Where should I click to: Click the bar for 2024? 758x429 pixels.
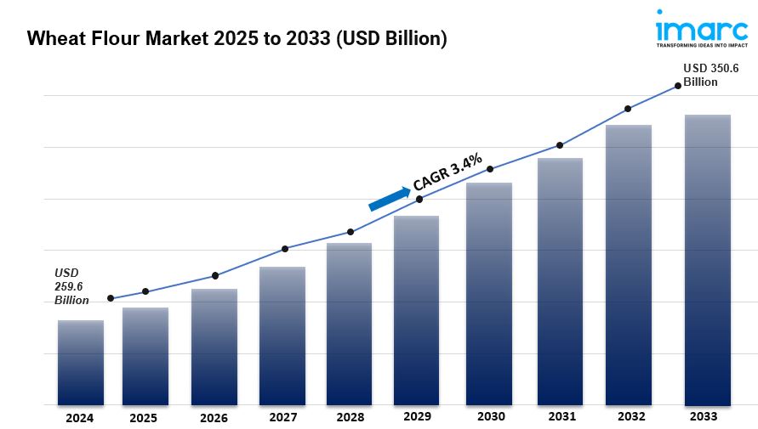81,363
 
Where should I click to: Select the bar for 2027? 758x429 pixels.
282,336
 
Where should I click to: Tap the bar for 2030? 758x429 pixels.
488,294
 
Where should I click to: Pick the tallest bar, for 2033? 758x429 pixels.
708,260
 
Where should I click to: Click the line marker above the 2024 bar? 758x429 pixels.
111,298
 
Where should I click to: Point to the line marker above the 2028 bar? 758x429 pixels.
351,232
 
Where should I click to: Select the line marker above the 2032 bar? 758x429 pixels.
628,109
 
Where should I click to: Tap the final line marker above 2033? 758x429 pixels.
678,85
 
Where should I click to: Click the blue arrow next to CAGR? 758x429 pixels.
389,198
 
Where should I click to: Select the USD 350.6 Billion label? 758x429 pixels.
711,75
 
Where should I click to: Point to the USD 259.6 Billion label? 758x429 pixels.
72,286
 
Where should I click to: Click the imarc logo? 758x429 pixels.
702,30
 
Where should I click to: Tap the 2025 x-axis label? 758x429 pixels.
144,418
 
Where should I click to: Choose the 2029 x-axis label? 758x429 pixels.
416,416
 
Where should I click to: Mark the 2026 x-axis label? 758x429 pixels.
214,418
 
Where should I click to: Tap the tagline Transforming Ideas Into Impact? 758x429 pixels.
702,46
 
